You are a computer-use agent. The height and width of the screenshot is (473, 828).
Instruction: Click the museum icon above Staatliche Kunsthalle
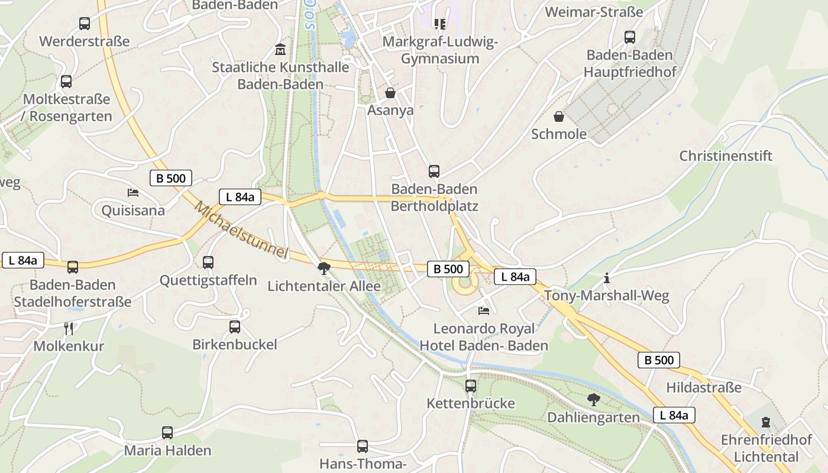pyautogui.click(x=280, y=49)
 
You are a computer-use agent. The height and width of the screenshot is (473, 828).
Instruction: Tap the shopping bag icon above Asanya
pyautogui.click(x=390, y=93)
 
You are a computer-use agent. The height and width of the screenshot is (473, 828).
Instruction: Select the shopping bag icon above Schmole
pyautogui.click(x=558, y=116)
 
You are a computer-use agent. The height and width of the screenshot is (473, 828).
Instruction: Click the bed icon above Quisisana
pyautogui.click(x=133, y=193)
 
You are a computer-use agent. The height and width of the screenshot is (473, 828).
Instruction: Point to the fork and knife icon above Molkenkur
pyautogui.click(x=69, y=328)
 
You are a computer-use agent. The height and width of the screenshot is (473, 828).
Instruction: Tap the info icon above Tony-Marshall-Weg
pyautogui.click(x=606, y=278)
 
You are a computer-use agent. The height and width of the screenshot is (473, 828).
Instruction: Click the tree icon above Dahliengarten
pyautogui.click(x=593, y=400)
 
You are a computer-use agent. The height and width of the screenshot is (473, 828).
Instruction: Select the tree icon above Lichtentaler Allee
pyautogui.click(x=324, y=268)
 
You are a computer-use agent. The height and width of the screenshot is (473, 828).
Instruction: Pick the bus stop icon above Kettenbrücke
pyautogui.click(x=471, y=386)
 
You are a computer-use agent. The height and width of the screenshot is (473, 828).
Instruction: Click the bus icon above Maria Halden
pyautogui.click(x=167, y=433)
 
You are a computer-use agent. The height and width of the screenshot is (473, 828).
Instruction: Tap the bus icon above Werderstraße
pyautogui.click(x=85, y=24)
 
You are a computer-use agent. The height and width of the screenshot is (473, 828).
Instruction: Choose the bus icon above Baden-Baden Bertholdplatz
pyautogui.click(x=434, y=171)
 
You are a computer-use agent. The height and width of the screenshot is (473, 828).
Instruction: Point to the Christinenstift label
pyautogui.click(x=726, y=156)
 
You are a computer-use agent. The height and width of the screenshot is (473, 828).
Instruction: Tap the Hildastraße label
pyautogui.click(x=703, y=388)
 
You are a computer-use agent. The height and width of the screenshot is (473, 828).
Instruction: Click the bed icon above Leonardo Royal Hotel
pyautogui.click(x=484, y=310)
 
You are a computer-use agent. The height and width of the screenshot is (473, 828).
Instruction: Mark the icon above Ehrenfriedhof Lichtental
pyautogui.click(x=766, y=422)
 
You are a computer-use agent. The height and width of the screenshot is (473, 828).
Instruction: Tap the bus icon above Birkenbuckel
pyautogui.click(x=235, y=326)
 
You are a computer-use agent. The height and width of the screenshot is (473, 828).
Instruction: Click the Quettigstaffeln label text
pyautogui.click(x=208, y=280)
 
